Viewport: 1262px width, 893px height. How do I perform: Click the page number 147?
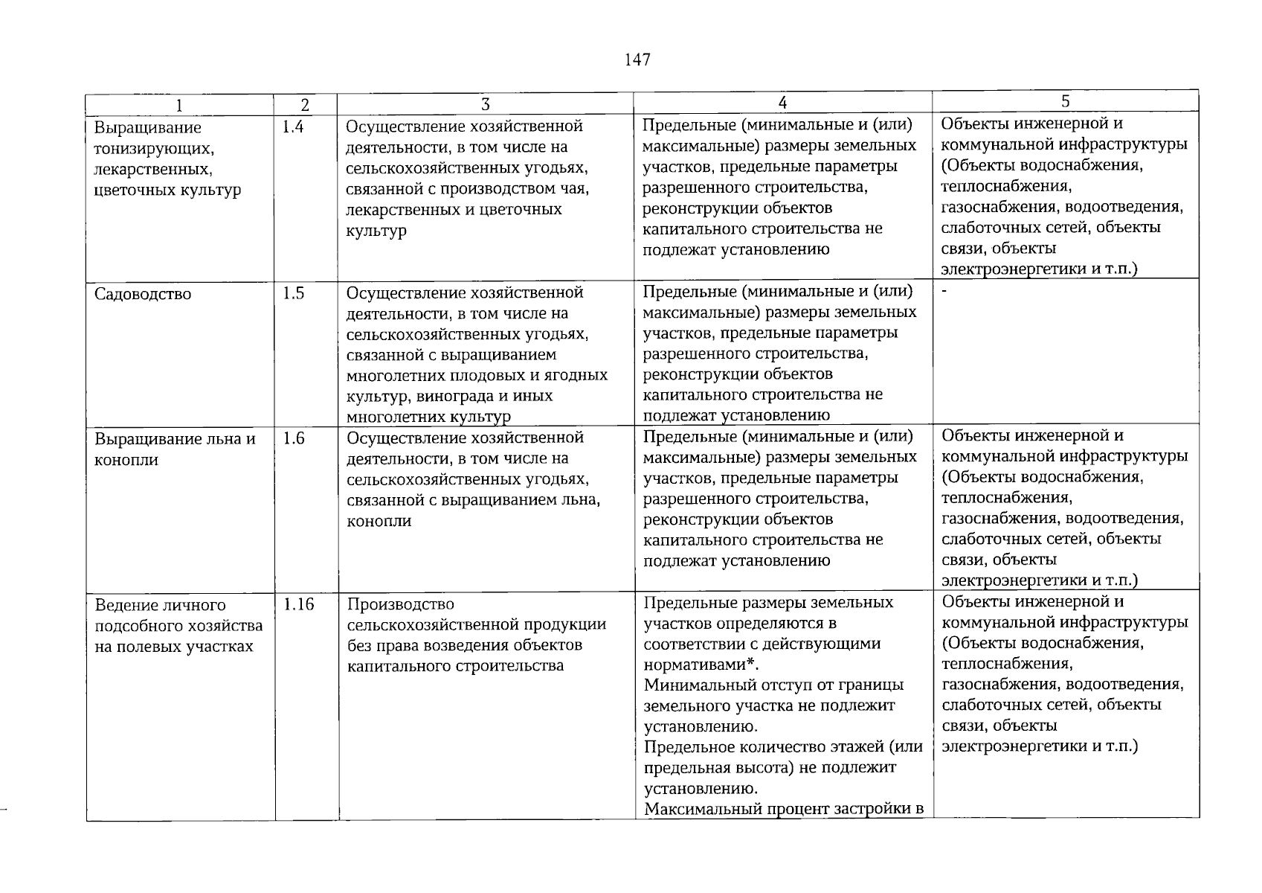coord(638,60)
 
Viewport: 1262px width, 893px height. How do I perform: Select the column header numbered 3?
coord(486,105)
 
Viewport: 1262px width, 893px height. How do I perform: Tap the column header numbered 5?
coord(1065,101)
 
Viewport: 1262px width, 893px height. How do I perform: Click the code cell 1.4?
coord(293,127)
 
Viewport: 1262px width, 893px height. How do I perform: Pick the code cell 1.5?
coord(293,293)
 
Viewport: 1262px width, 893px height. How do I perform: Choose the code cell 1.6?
coord(294,438)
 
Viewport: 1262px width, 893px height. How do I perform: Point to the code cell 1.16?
coord(298,604)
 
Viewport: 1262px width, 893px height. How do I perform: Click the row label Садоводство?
coord(143,294)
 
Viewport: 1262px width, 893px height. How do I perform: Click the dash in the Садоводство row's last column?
coord(944,292)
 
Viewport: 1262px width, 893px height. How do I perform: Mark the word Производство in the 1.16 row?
coord(400,604)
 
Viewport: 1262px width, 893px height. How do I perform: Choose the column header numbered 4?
coord(782,103)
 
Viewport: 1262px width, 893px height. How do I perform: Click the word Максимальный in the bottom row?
coord(698,809)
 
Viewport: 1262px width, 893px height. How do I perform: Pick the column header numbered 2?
coord(305,106)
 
